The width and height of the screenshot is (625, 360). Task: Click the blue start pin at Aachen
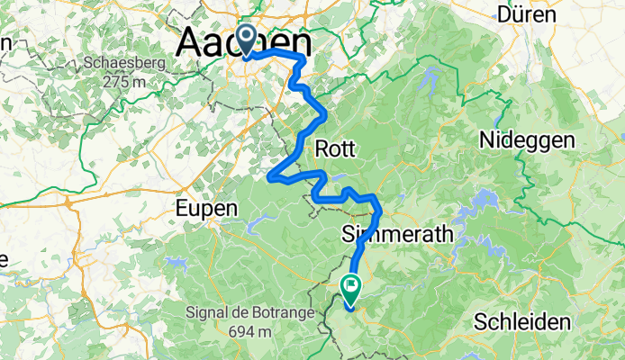[x=246, y=41]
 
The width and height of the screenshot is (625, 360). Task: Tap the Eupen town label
[x=208, y=207]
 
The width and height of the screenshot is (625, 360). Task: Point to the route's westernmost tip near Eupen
[x=269, y=176]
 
